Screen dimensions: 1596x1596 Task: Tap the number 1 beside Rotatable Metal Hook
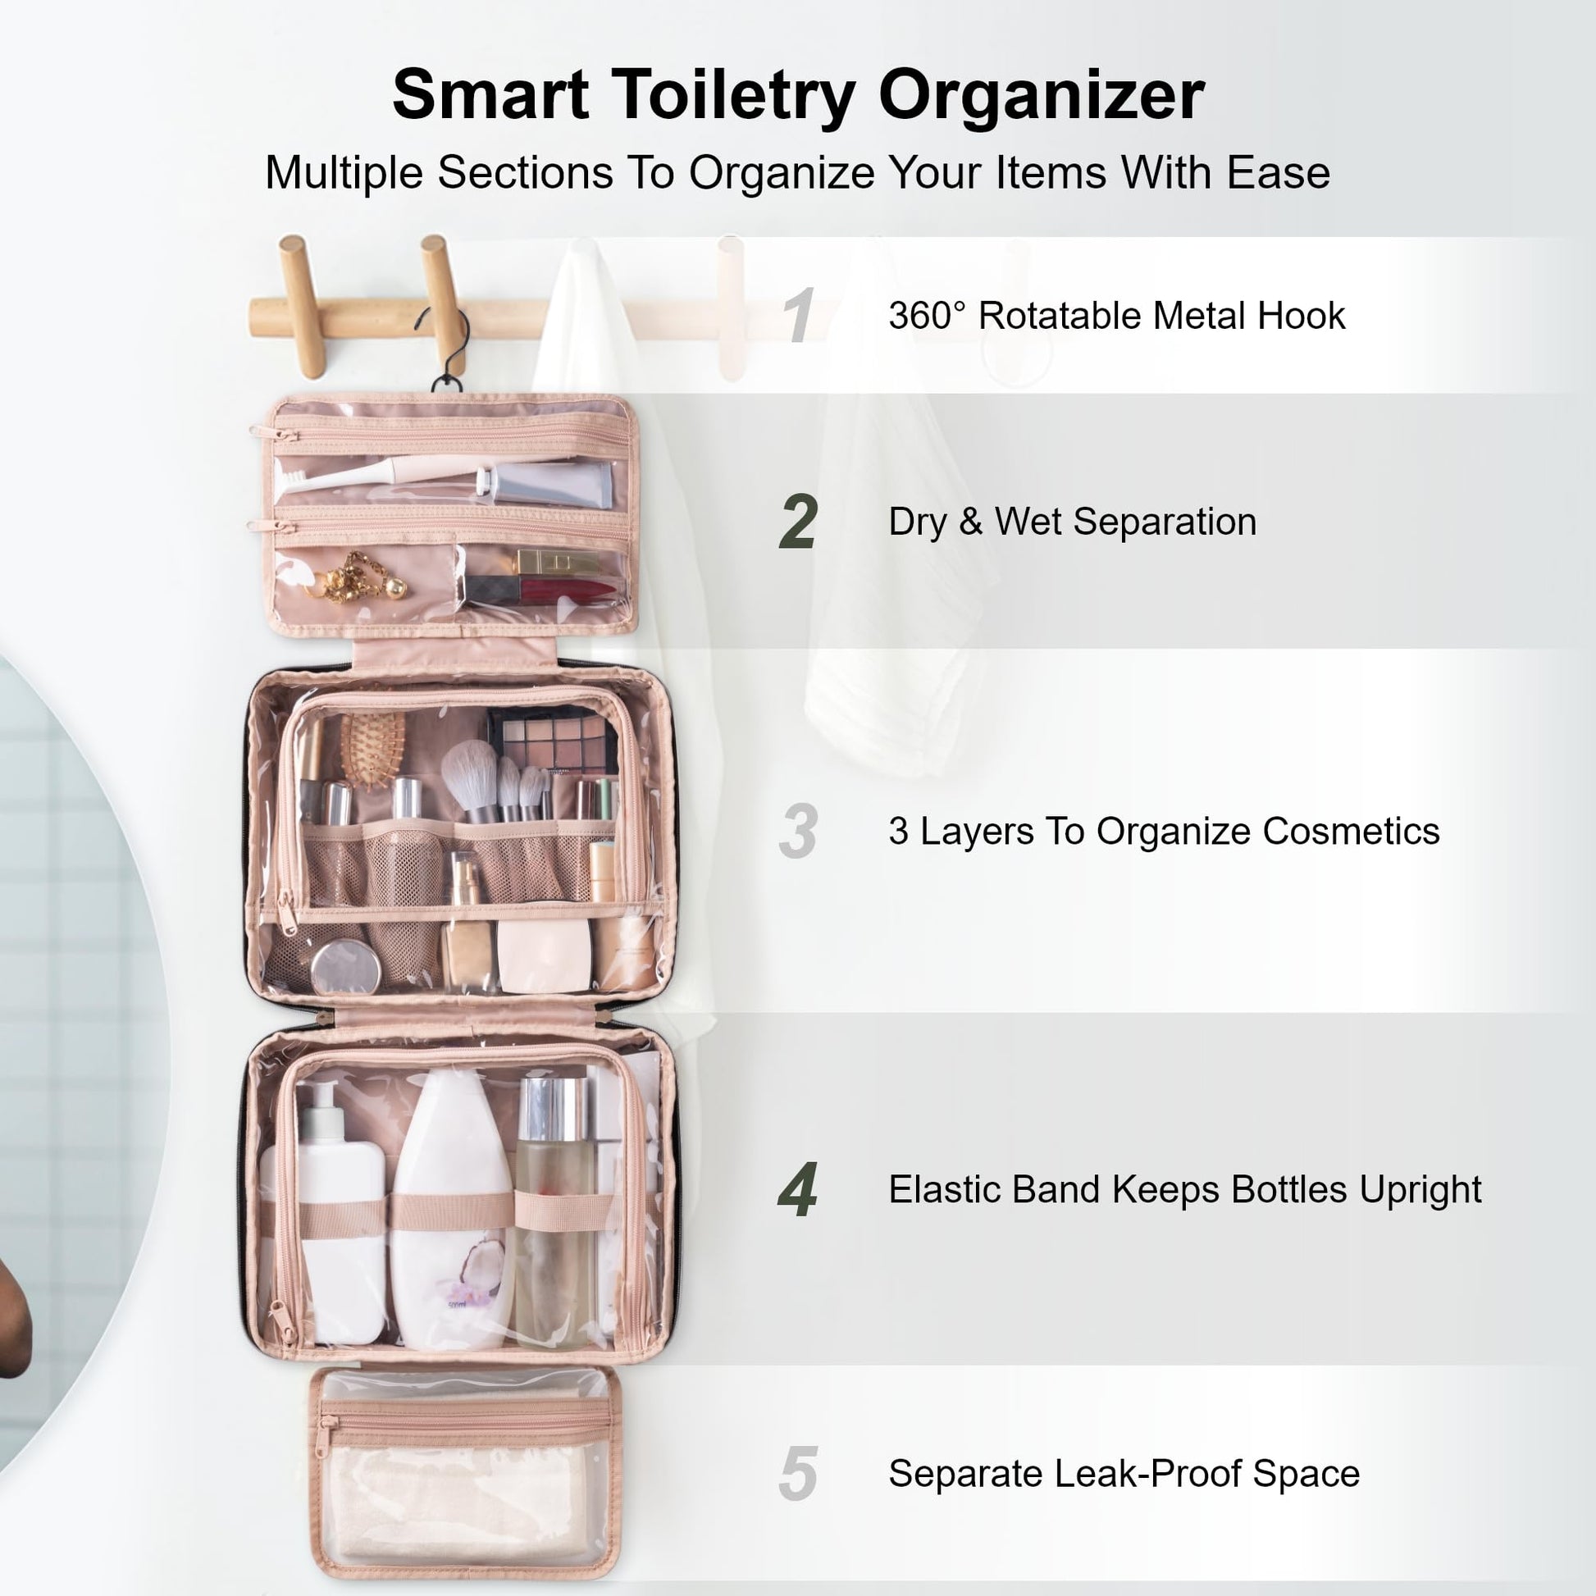pyautogui.click(x=799, y=315)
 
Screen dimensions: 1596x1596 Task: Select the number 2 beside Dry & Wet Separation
pyautogui.click(x=798, y=522)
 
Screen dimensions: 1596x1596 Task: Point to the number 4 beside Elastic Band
pyautogui.click(x=798, y=1189)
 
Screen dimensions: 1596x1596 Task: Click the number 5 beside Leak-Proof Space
pyautogui.click(x=798, y=1474)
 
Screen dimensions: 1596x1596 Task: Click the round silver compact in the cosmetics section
pyautogui.click(x=346, y=965)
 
